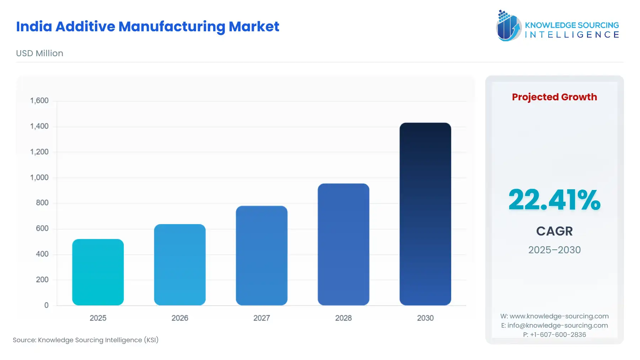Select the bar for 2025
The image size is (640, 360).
click(x=98, y=272)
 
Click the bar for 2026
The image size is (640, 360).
click(x=180, y=265)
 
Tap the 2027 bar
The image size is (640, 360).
click(x=261, y=255)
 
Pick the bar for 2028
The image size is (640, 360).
click(x=343, y=244)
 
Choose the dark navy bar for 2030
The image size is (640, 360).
click(x=425, y=214)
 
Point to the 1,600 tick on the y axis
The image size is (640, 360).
click(x=39, y=101)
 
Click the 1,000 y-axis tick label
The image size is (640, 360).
click(x=39, y=178)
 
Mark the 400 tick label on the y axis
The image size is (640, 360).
click(x=42, y=254)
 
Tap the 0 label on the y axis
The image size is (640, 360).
click(x=46, y=305)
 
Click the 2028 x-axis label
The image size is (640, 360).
click(x=343, y=318)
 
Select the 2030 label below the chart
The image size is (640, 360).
click(x=425, y=318)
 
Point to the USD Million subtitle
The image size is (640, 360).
click(x=39, y=53)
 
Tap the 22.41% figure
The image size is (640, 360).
click(x=554, y=200)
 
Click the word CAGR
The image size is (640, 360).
click(x=554, y=231)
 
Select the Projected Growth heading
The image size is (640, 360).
click(x=554, y=97)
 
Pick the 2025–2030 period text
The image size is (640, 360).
click(x=554, y=250)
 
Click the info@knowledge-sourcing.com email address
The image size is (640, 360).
click(x=557, y=325)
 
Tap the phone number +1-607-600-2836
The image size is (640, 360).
click(x=558, y=335)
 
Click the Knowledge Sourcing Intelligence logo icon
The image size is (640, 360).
click(x=508, y=26)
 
